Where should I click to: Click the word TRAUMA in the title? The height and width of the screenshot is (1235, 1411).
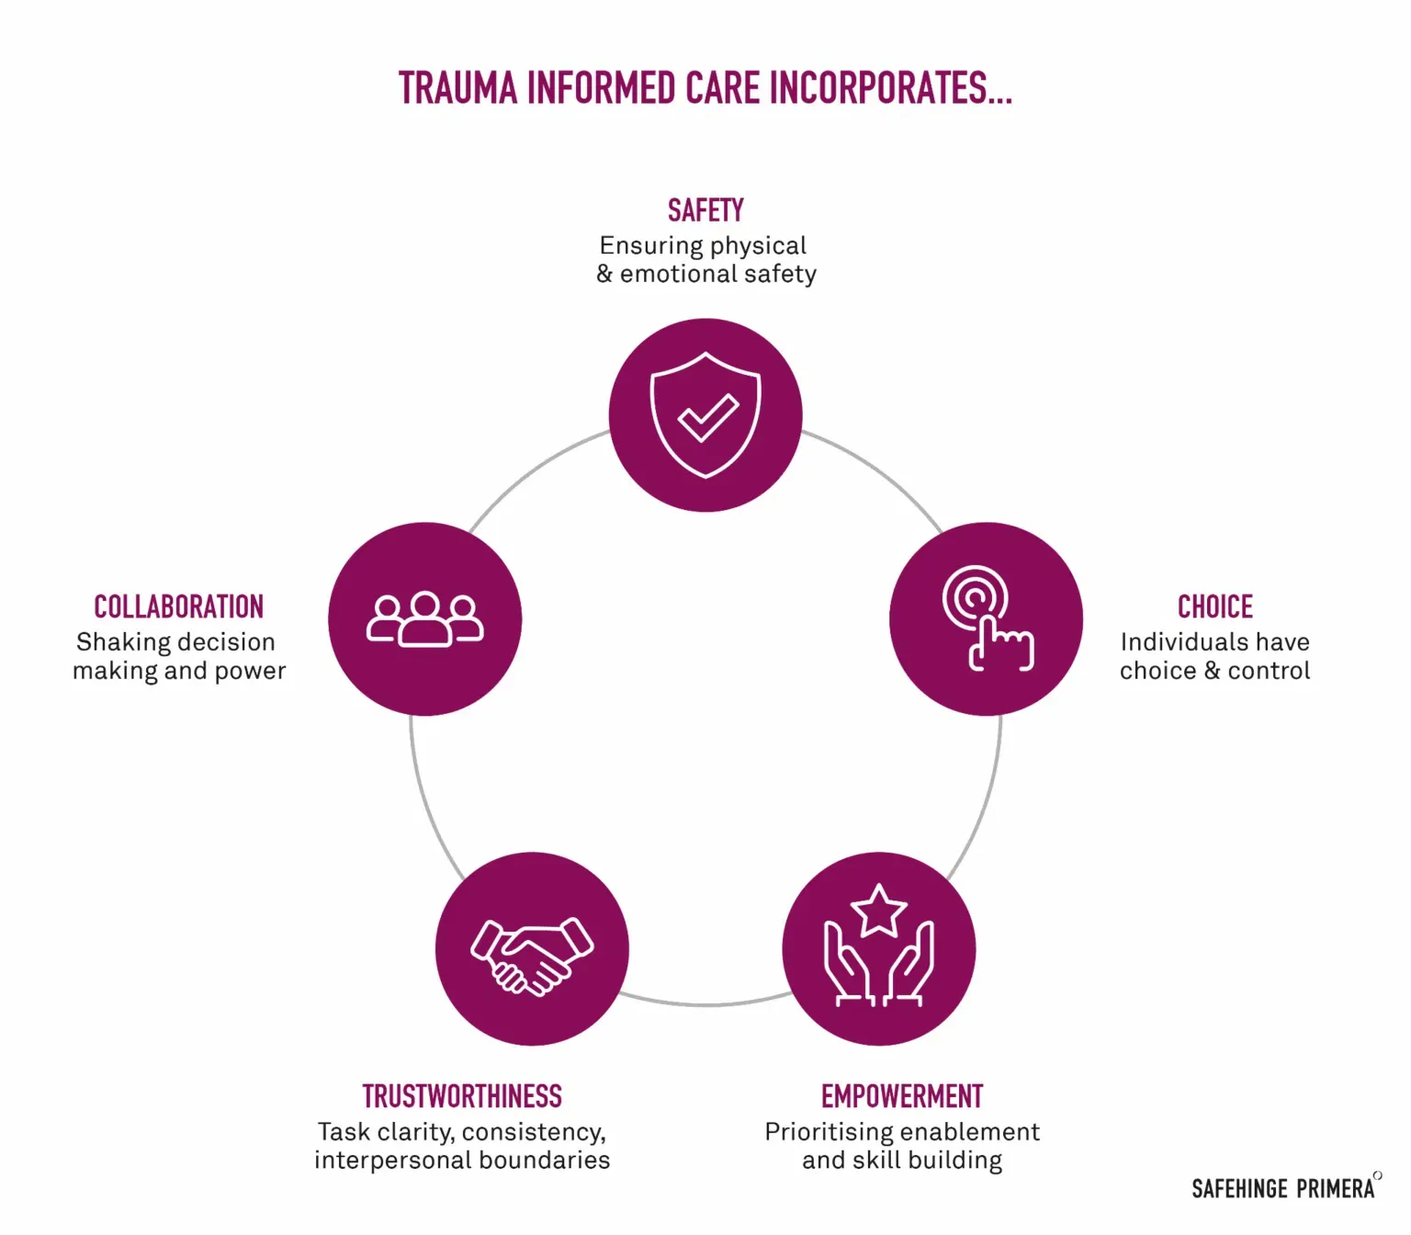(x=457, y=89)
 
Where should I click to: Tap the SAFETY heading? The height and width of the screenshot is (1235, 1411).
(x=705, y=210)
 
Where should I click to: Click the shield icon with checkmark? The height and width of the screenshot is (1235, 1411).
(x=705, y=414)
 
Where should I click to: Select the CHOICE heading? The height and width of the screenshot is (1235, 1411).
(x=1214, y=606)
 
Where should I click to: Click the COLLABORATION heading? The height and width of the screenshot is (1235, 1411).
(x=178, y=606)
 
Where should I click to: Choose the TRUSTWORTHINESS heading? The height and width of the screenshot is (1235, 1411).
(x=462, y=1096)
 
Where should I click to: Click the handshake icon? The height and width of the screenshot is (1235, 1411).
(x=532, y=956)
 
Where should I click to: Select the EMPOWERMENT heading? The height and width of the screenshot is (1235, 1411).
(x=902, y=1096)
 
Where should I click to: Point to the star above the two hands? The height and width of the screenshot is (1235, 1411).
(x=879, y=911)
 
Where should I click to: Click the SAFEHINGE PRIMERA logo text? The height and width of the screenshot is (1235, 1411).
(x=1283, y=1188)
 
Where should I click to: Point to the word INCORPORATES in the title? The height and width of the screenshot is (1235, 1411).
(x=889, y=89)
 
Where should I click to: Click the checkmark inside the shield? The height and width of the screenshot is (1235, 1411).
(x=707, y=417)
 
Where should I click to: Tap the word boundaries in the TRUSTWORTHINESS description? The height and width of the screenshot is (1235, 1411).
(x=552, y=1160)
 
